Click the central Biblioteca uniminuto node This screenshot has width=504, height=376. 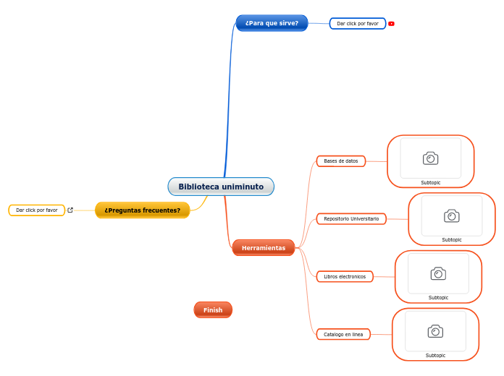click(x=221, y=187)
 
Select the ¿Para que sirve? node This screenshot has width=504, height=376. click(x=272, y=23)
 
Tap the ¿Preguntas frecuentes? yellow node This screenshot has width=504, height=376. click(x=142, y=210)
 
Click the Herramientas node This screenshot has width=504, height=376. click(x=264, y=248)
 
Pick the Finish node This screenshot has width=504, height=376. click(x=213, y=310)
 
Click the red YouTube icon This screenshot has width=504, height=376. click(x=391, y=24)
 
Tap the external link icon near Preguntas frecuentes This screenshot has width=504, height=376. click(x=70, y=210)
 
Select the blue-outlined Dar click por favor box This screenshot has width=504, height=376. click(x=357, y=24)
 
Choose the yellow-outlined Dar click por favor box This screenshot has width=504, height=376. click(x=36, y=210)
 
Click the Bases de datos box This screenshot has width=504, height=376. click(x=340, y=161)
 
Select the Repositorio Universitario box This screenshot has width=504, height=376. click(x=351, y=218)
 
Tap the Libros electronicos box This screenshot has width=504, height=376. click(x=345, y=276)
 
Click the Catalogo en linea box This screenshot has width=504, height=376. click(x=343, y=334)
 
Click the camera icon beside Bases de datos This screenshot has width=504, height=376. click(x=431, y=158)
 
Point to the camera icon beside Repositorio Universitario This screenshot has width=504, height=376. click(x=452, y=215)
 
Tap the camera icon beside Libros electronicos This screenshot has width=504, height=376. click(x=438, y=273)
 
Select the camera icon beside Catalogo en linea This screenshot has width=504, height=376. click(x=435, y=331)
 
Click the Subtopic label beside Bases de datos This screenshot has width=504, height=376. click(x=431, y=182)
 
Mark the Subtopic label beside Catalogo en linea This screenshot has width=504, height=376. click(x=435, y=355)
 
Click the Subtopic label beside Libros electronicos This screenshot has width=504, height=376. click(x=438, y=297)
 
